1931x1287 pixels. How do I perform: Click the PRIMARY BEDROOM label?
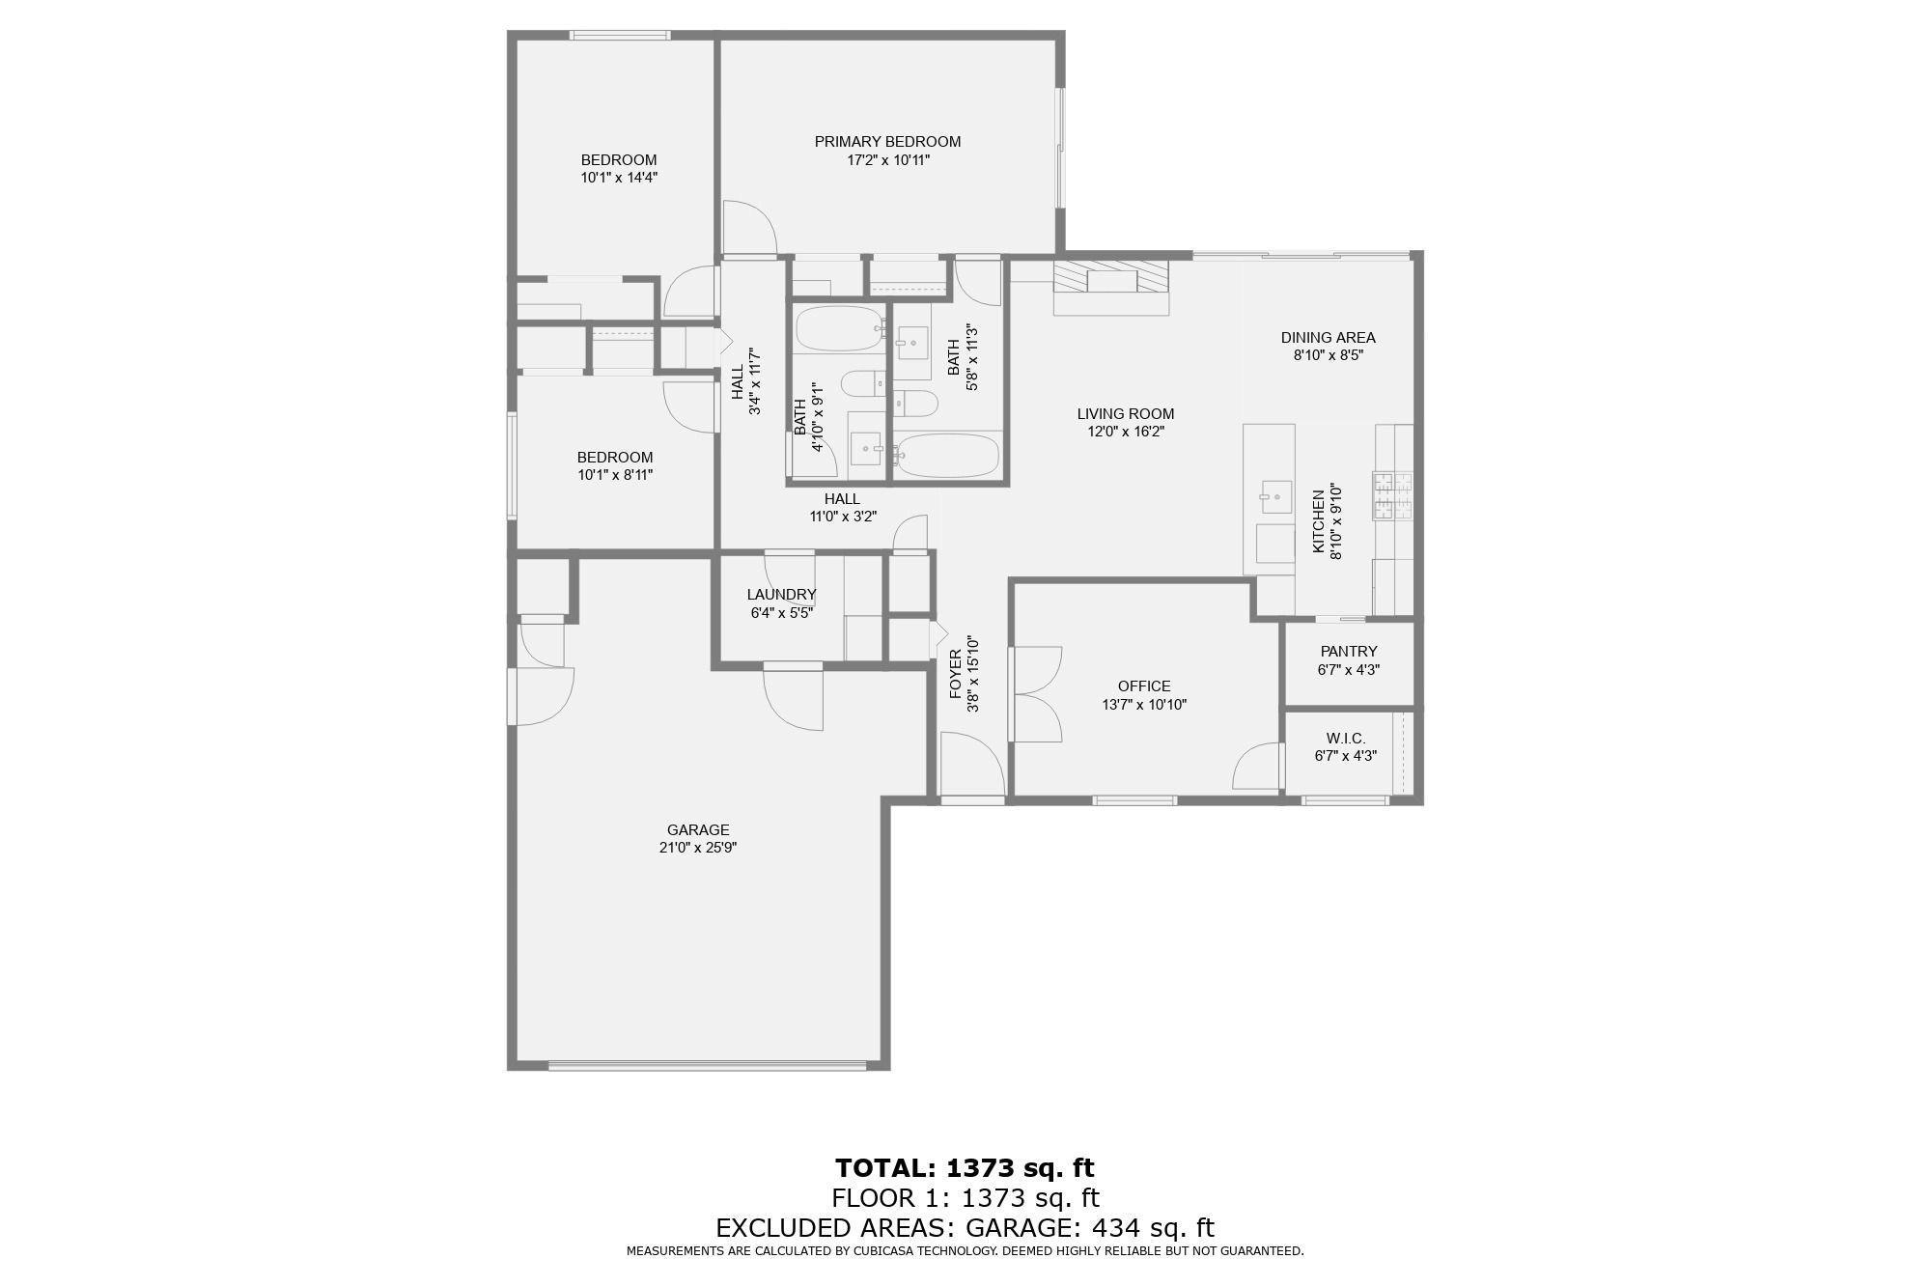[x=887, y=142]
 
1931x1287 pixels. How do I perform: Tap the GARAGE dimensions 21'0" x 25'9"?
[x=697, y=848]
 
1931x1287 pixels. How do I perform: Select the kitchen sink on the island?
[x=1275, y=497]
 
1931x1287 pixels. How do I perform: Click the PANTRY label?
[x=1348, y=652]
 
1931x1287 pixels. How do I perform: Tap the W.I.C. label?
[x=1345, y=739]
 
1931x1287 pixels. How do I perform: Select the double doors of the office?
[x=1037, y=694]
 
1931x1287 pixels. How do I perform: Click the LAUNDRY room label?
[x=781, y=595]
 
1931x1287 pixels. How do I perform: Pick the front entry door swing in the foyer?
[x=971, y=764]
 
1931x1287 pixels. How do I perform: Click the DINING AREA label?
[x=1328, y=338]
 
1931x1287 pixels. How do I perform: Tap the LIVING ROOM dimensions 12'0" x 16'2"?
[x=1126, y=432]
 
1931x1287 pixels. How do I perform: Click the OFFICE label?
[x=1144, y=686]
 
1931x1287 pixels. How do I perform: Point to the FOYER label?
[x=956, y=674]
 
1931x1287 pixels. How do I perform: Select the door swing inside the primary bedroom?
[x=748, y=228]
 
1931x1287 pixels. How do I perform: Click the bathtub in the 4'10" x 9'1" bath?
[x=838, y=328]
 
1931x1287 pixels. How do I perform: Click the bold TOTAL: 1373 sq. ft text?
[x=965, y=1168]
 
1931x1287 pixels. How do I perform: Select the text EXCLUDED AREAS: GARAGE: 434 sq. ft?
[x=965, y=1228]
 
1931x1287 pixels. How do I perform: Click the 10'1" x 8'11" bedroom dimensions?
[x=615, y=475]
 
